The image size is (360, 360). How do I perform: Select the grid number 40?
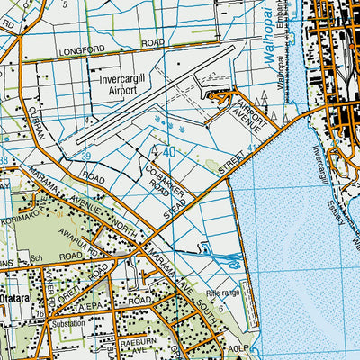pos(169,152)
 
